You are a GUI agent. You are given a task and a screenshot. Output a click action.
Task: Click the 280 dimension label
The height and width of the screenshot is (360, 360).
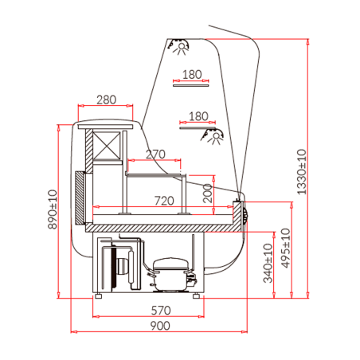point(106,100)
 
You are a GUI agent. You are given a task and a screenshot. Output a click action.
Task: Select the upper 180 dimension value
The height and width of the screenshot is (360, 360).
point(192,75)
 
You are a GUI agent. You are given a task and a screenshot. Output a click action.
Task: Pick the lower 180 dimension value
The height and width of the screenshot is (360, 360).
point(198,115)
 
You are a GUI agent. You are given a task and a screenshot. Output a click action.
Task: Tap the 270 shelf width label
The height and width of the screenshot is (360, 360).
point(156,154)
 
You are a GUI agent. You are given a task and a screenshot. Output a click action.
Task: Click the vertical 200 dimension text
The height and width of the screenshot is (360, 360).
point(207,193)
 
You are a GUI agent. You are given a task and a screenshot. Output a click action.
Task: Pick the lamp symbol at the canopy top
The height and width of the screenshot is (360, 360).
point(181,47)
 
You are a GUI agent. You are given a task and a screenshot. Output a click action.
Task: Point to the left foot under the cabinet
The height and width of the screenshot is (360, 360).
point(99,296)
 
